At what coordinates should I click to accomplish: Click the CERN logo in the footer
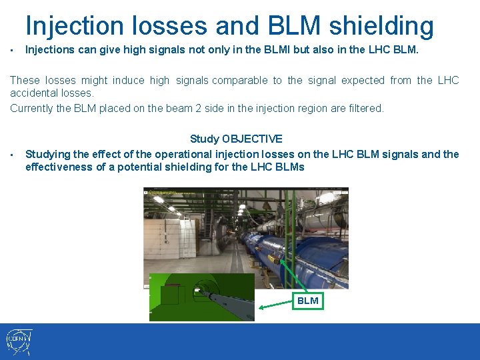[19, 342]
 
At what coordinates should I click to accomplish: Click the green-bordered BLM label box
[307, 301]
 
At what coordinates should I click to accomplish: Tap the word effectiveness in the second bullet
[60, 167]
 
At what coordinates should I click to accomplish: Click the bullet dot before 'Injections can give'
[13, 49]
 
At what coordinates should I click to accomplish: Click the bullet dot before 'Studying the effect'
[13, 155]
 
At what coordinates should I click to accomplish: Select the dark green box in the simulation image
[170, 295]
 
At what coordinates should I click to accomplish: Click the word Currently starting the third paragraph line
[32, 108]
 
